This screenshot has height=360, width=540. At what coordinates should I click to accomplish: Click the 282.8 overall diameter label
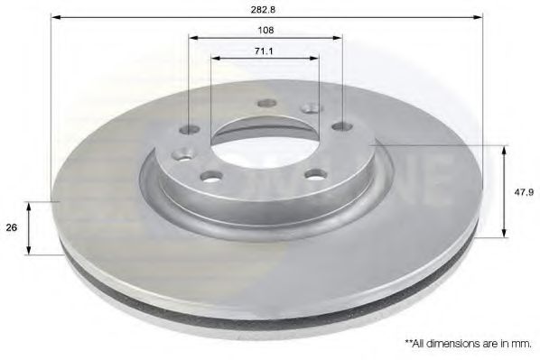[267, 9]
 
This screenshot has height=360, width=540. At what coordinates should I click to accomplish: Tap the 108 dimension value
[265, 31]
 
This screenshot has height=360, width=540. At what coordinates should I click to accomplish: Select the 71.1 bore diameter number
[264, 51]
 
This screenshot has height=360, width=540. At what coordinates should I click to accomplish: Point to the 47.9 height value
[524, 192]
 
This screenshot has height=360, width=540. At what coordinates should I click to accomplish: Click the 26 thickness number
[12, 227]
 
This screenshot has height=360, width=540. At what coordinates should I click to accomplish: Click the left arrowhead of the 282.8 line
[56, 17]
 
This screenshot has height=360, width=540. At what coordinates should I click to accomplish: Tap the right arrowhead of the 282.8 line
[478, 17]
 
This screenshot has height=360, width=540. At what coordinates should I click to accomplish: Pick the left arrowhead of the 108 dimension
[193, 38]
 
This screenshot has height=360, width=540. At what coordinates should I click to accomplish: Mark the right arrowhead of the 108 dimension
[338, 38]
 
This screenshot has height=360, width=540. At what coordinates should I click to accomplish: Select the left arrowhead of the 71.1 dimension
[216, 58]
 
